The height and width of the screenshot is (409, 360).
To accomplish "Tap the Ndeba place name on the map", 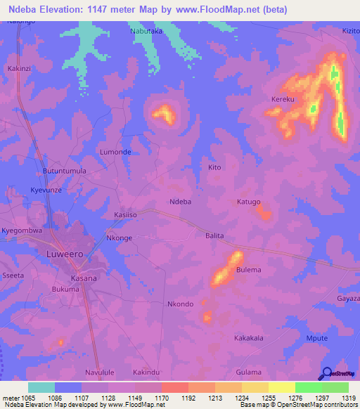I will [x=181, y=202].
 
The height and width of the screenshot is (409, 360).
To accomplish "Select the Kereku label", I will [x=283, y=100].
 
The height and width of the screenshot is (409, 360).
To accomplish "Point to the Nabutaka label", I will [x=146, y=32].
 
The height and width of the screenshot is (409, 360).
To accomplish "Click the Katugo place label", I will [x=248, y=202].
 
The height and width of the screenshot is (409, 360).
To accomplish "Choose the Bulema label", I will [x=248, y=270].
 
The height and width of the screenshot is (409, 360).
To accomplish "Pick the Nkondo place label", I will [x=180, y=304].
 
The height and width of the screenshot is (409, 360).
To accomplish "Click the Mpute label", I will [x=318, y=338].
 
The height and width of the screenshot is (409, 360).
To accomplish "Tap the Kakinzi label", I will [x=20, y=69].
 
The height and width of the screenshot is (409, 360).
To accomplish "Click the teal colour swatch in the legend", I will [x=41, y=387].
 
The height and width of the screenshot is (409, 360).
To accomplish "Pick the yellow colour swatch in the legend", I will [x=281, y=387].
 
